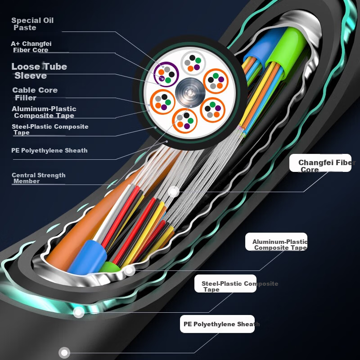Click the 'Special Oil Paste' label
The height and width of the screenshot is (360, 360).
32,24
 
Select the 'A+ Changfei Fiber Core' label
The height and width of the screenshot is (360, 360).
31,47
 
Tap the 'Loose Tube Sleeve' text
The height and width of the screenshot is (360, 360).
39,71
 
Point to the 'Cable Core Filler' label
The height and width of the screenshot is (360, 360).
35,94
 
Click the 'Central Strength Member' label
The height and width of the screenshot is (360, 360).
39,178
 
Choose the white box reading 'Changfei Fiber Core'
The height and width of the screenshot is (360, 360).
320,163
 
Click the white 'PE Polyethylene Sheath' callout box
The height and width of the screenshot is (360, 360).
217,324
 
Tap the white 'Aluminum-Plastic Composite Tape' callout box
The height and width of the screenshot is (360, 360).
276,242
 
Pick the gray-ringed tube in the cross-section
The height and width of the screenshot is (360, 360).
193,63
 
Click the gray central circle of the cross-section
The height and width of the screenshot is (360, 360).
190,92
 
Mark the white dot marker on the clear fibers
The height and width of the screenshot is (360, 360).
174,192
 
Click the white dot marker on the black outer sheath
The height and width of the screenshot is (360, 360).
64,352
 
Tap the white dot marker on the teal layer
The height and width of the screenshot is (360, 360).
78,312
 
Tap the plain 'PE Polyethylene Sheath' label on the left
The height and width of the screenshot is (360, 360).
49,150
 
